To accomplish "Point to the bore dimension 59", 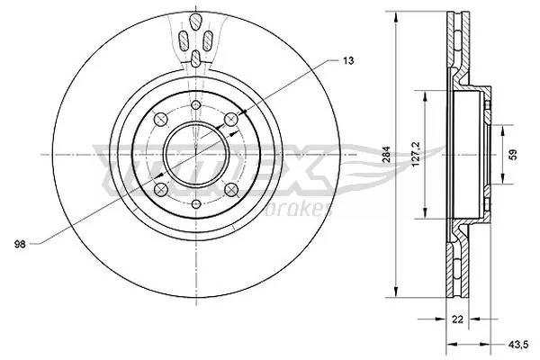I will coord(512,154).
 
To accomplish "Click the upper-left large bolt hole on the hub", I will coord(160,119).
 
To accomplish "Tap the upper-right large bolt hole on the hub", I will coord(231,119).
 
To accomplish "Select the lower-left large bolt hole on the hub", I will coord(160,189).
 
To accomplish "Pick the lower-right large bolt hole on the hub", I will coord(231,189).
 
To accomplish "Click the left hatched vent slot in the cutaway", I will coord(184,40).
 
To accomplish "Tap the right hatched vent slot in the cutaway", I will coord(208,40).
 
